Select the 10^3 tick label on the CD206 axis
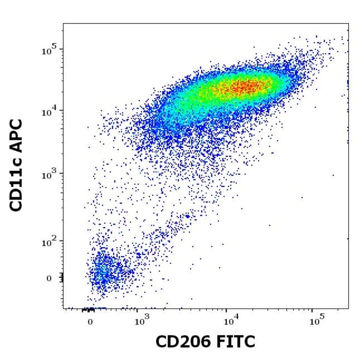pyautogui.click(x=139, y=322)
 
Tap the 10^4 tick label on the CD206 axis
pyautogui.click(x=229, y=322)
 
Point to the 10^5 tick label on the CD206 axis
pyautogui.click(x=317, y=322)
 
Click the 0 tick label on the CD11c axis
pyautogui.click(x=49, y=278)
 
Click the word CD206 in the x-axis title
pyautogui.click(x=184, y=342)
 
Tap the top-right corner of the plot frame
pyautogui.click(x=349, y=24)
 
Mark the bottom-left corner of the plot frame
pyautogui.click(x=63, y=309)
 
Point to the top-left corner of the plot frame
pyautogui.click(x=63, y=24)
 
